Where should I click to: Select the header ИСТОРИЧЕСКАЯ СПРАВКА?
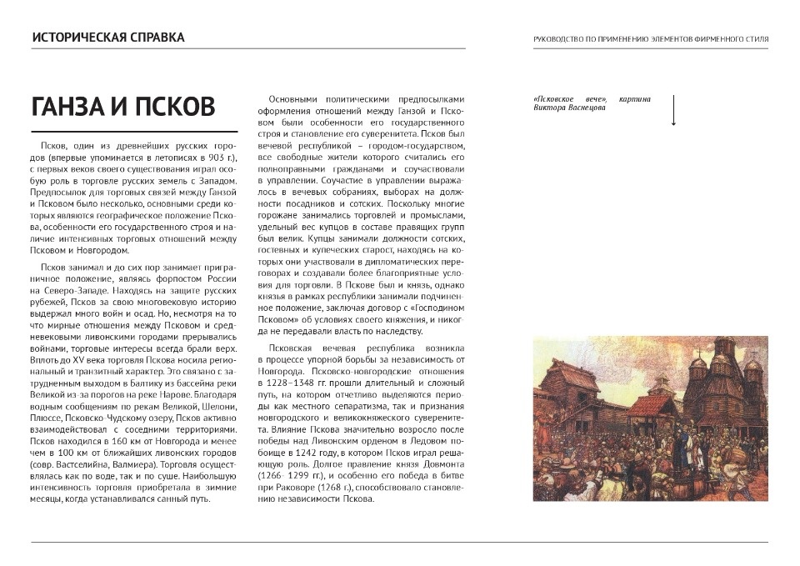point(108,38)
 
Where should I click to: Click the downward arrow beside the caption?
point(673,110)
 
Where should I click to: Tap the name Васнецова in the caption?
point(583,109)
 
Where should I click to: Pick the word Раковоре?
point(293,487)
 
